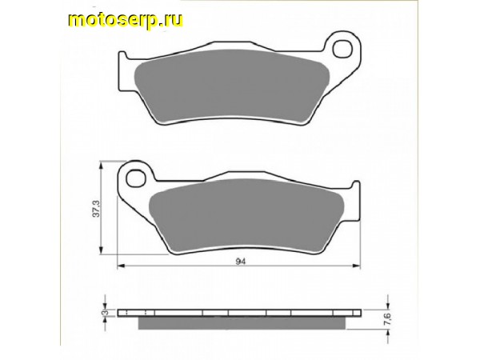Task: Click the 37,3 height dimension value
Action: (x=94, y=213)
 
